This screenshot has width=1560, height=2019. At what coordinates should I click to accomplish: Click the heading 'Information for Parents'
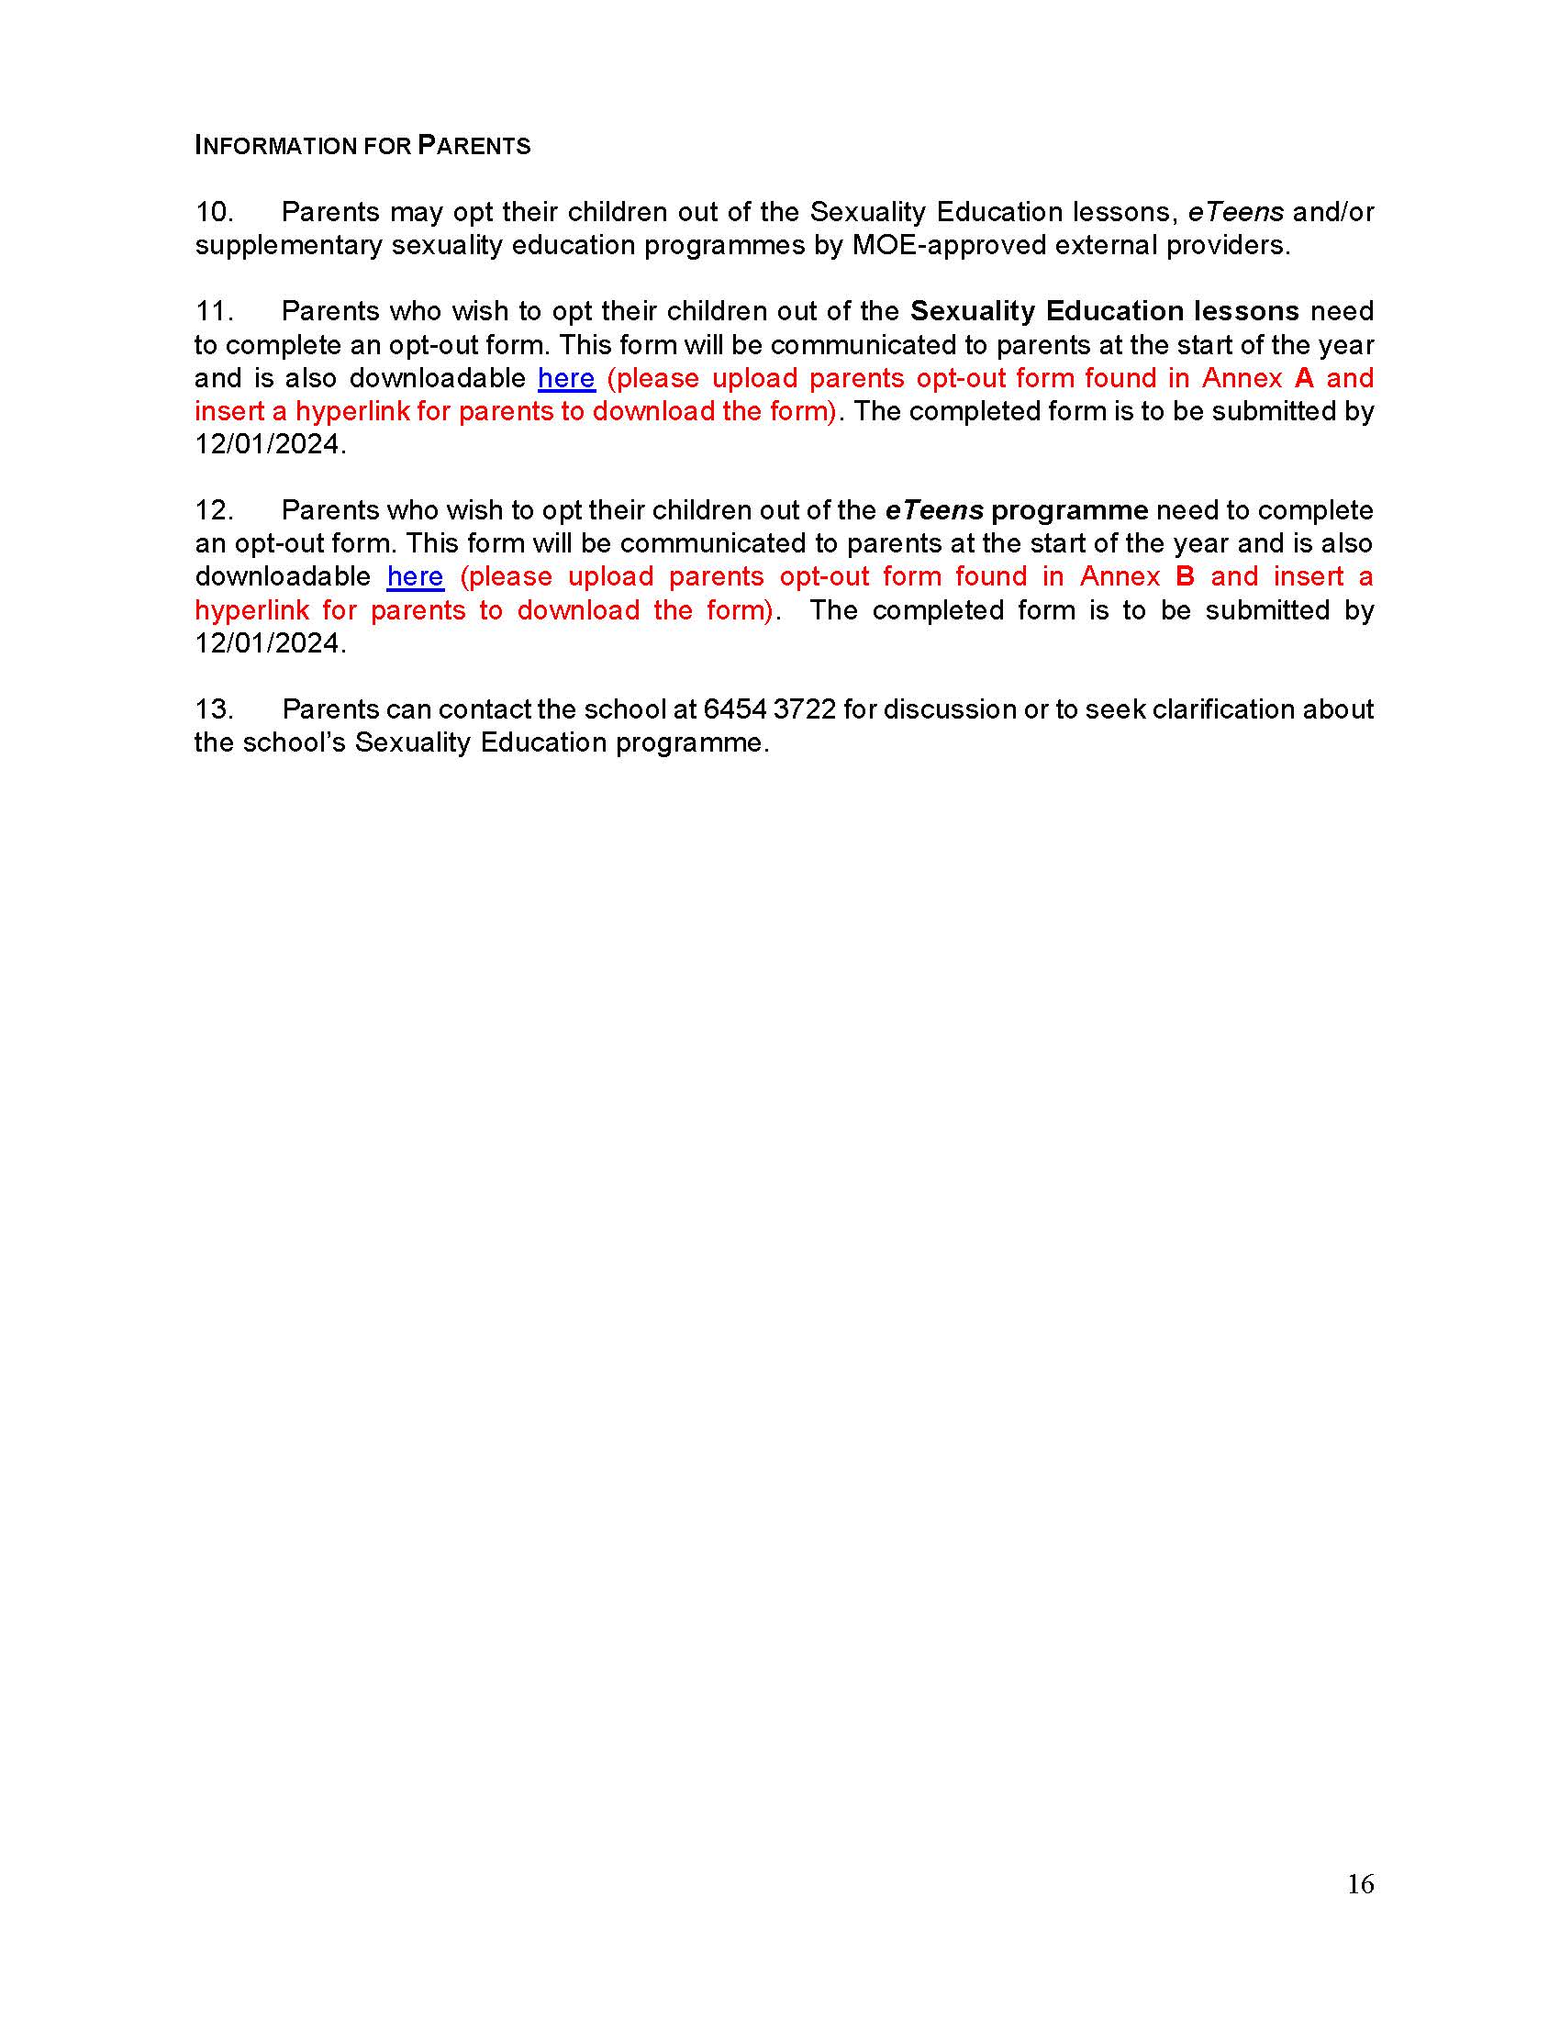click(362, 145)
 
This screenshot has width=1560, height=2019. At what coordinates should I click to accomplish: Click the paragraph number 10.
click(214, 212)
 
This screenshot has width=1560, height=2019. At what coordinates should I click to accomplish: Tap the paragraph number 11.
click(214, 310)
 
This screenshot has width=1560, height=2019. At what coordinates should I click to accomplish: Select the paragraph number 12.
click(214, 509)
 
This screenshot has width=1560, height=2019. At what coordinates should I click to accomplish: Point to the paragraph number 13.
click(214, 709)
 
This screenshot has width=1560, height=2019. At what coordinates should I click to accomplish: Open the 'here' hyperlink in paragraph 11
click(565, 378)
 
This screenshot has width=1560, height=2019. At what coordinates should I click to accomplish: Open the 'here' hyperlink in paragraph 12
click(415, 577)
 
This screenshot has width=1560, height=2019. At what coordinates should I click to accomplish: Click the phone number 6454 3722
click(769, 709)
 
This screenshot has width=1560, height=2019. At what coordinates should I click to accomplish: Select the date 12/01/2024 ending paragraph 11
click(269, 445)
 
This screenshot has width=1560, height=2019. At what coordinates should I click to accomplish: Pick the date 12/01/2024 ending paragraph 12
click(269, 643)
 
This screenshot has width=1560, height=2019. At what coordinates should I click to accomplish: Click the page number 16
click(1360, 1884)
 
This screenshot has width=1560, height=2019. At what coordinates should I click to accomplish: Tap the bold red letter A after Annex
click(1304, 378)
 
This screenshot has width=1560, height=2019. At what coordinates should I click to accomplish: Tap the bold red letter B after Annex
click(1185, 577)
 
